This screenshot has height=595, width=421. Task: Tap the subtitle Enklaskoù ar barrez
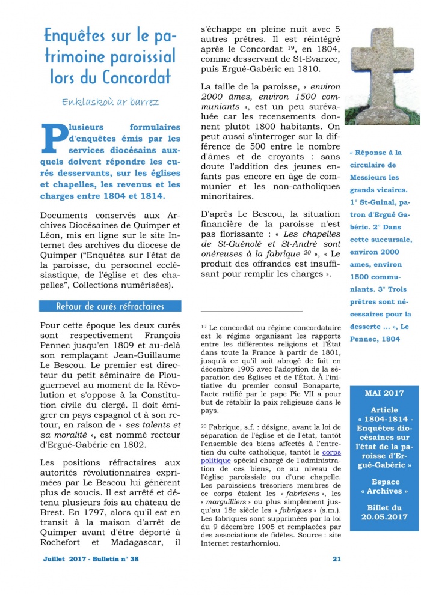pos(110,101)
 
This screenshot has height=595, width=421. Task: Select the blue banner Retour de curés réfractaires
pos(110,306)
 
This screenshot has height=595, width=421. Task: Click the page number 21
pos(336,558)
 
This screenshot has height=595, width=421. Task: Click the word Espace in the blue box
pos(384,482)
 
